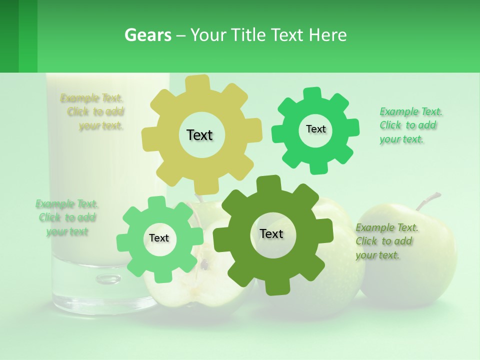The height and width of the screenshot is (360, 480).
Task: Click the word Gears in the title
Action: [x=147, y=35]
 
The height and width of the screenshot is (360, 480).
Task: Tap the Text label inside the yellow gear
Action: [x=199, y=135]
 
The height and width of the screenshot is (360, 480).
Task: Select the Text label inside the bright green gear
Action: [x=315, y=129]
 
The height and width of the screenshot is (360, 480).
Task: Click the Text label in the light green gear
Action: [x=158, y=238]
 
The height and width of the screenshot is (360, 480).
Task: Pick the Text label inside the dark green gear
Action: [x=271, y=233]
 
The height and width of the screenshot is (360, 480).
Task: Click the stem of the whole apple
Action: [x=428, y=200]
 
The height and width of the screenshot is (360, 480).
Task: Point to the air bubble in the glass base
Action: [x=108, y=278]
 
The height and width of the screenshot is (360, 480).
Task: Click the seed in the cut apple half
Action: [x=204, y=265]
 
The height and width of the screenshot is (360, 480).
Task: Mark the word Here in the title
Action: [x=328, y=35]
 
